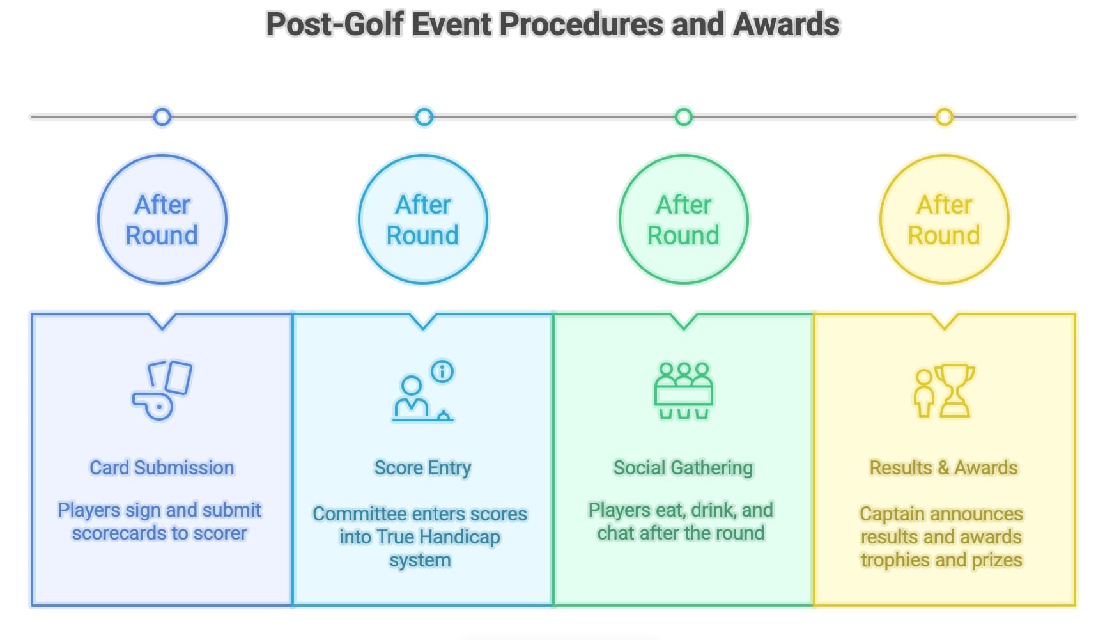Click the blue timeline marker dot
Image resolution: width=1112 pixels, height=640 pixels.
pos(162,117)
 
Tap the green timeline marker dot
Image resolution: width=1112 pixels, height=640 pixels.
pos(683,117)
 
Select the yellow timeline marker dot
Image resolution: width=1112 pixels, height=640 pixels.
pos(944,117)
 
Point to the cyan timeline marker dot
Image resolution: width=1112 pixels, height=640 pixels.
pos(424,117)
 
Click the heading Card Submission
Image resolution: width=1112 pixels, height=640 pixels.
pos(162,467)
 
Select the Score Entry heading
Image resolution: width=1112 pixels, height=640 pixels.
pos(422,467)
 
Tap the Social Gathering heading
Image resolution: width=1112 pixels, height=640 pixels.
pos(683,467)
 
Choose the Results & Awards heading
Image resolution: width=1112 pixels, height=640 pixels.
pos(943,467)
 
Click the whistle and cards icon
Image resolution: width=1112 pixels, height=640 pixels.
pos(162,390)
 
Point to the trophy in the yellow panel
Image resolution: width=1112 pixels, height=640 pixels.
pos(954,390)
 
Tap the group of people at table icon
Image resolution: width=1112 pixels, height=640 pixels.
pos(683,390)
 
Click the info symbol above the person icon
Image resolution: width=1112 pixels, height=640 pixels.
pos(442,371)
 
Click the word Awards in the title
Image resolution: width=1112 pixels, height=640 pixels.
pos(786,24)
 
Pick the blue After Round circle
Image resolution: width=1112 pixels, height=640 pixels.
pos(162,219)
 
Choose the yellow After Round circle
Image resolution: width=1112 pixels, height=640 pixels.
pos(944,219)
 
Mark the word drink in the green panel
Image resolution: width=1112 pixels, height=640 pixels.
pos(713,510)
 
